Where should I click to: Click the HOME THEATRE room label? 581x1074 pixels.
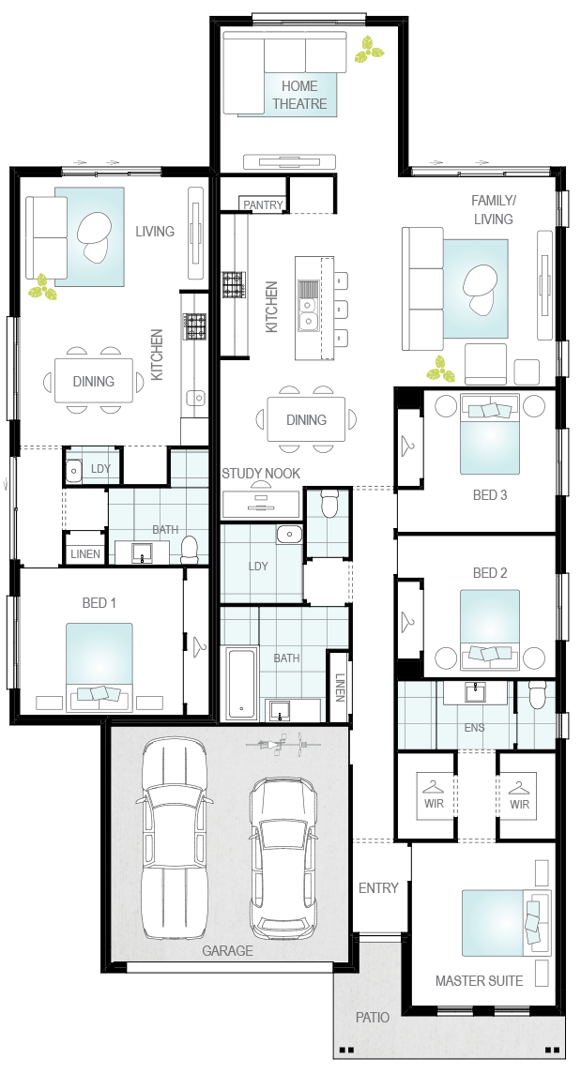click(x=299, y=95)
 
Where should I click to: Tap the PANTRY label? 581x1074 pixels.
click(x=263, y=204)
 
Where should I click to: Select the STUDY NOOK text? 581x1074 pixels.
click(x=260, y=474)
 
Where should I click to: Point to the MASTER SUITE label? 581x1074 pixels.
click(x=479, y=981)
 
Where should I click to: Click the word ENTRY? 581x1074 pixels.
click(x=378, y=887)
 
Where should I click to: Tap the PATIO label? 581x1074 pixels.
click(x=373, y=1017)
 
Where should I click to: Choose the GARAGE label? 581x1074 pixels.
click(x=227, y=951)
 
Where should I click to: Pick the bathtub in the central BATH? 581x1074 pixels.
click(x=242, y=683)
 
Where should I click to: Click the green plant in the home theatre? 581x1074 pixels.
click(x=369, y=50)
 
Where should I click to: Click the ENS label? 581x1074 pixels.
click(x=474, y=728)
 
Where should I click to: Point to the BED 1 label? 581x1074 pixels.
click(x=99, y=603)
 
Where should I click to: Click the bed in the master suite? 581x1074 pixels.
click(x=506, y=922)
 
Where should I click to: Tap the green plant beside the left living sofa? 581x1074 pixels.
click(x=42, y=287)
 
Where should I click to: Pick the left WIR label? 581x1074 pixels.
click(x=434, y=804)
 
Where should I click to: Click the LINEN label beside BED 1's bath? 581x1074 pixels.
click(x=85, y=554)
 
